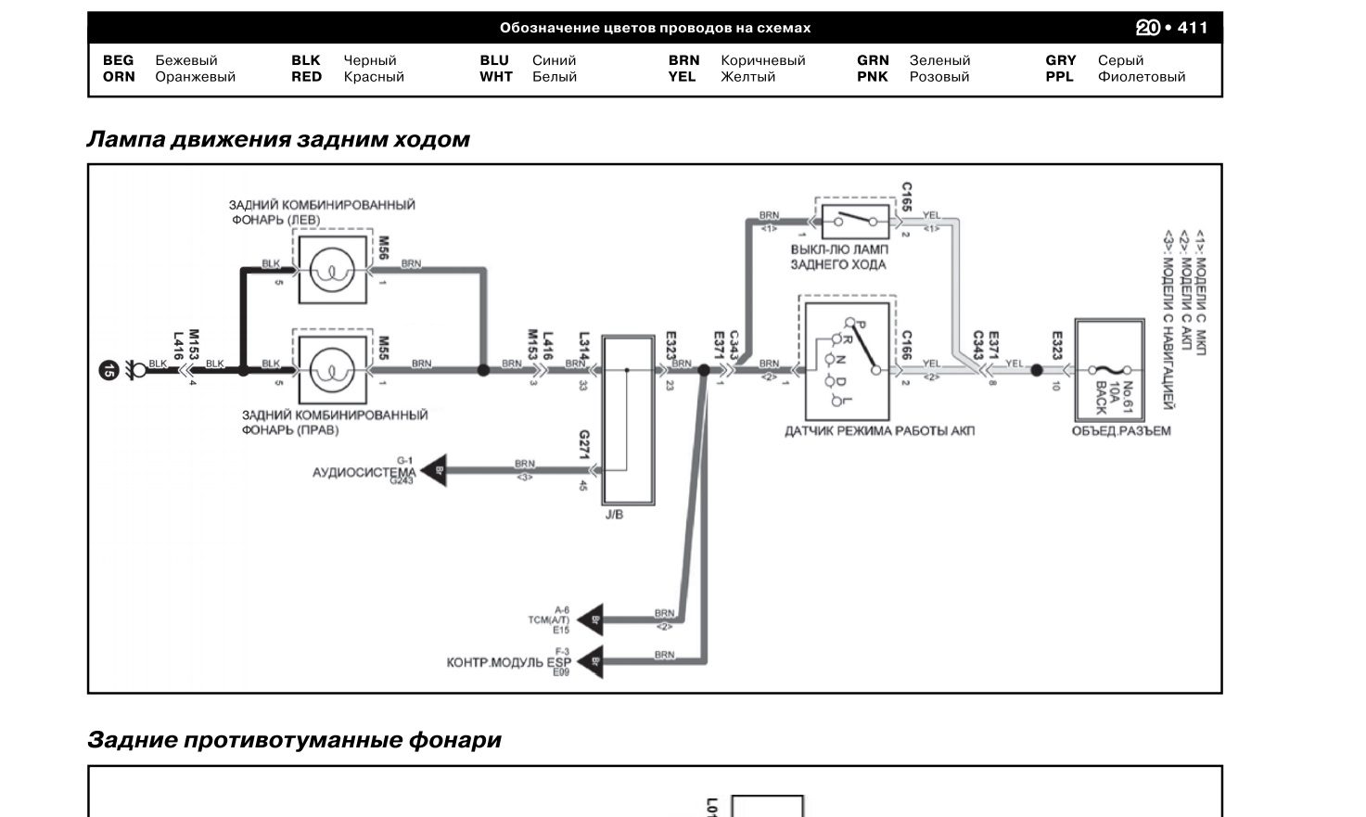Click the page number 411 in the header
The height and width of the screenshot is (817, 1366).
click(1193, 28)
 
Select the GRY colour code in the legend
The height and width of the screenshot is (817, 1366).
click(1060, 60)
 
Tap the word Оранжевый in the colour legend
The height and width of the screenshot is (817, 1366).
click(195, 77)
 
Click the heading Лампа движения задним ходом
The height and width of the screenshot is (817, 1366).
click(278, 140)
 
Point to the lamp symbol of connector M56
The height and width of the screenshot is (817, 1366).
click(331, 271)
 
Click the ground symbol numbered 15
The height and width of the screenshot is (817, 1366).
click(109, 371)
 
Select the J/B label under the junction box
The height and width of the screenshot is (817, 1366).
click(614, 515)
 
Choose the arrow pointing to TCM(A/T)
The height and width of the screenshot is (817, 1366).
click(591, 619)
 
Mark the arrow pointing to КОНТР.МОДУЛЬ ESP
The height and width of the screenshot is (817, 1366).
click(591, 662)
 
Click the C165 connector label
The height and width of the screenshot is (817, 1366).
click(906, 197)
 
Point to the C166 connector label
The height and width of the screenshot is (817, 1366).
click(906, 345)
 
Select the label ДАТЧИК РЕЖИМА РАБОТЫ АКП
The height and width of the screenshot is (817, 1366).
click(879, 431)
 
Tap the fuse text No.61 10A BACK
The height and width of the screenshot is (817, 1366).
click(1114, 397)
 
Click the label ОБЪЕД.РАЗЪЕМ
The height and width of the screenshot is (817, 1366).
click(1121, 431)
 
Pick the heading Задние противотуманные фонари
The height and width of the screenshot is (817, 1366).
click(294, 740)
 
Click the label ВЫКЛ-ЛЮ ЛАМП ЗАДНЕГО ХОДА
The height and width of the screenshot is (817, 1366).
click(838, 257)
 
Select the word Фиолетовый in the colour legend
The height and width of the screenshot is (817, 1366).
click(1141, 77)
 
